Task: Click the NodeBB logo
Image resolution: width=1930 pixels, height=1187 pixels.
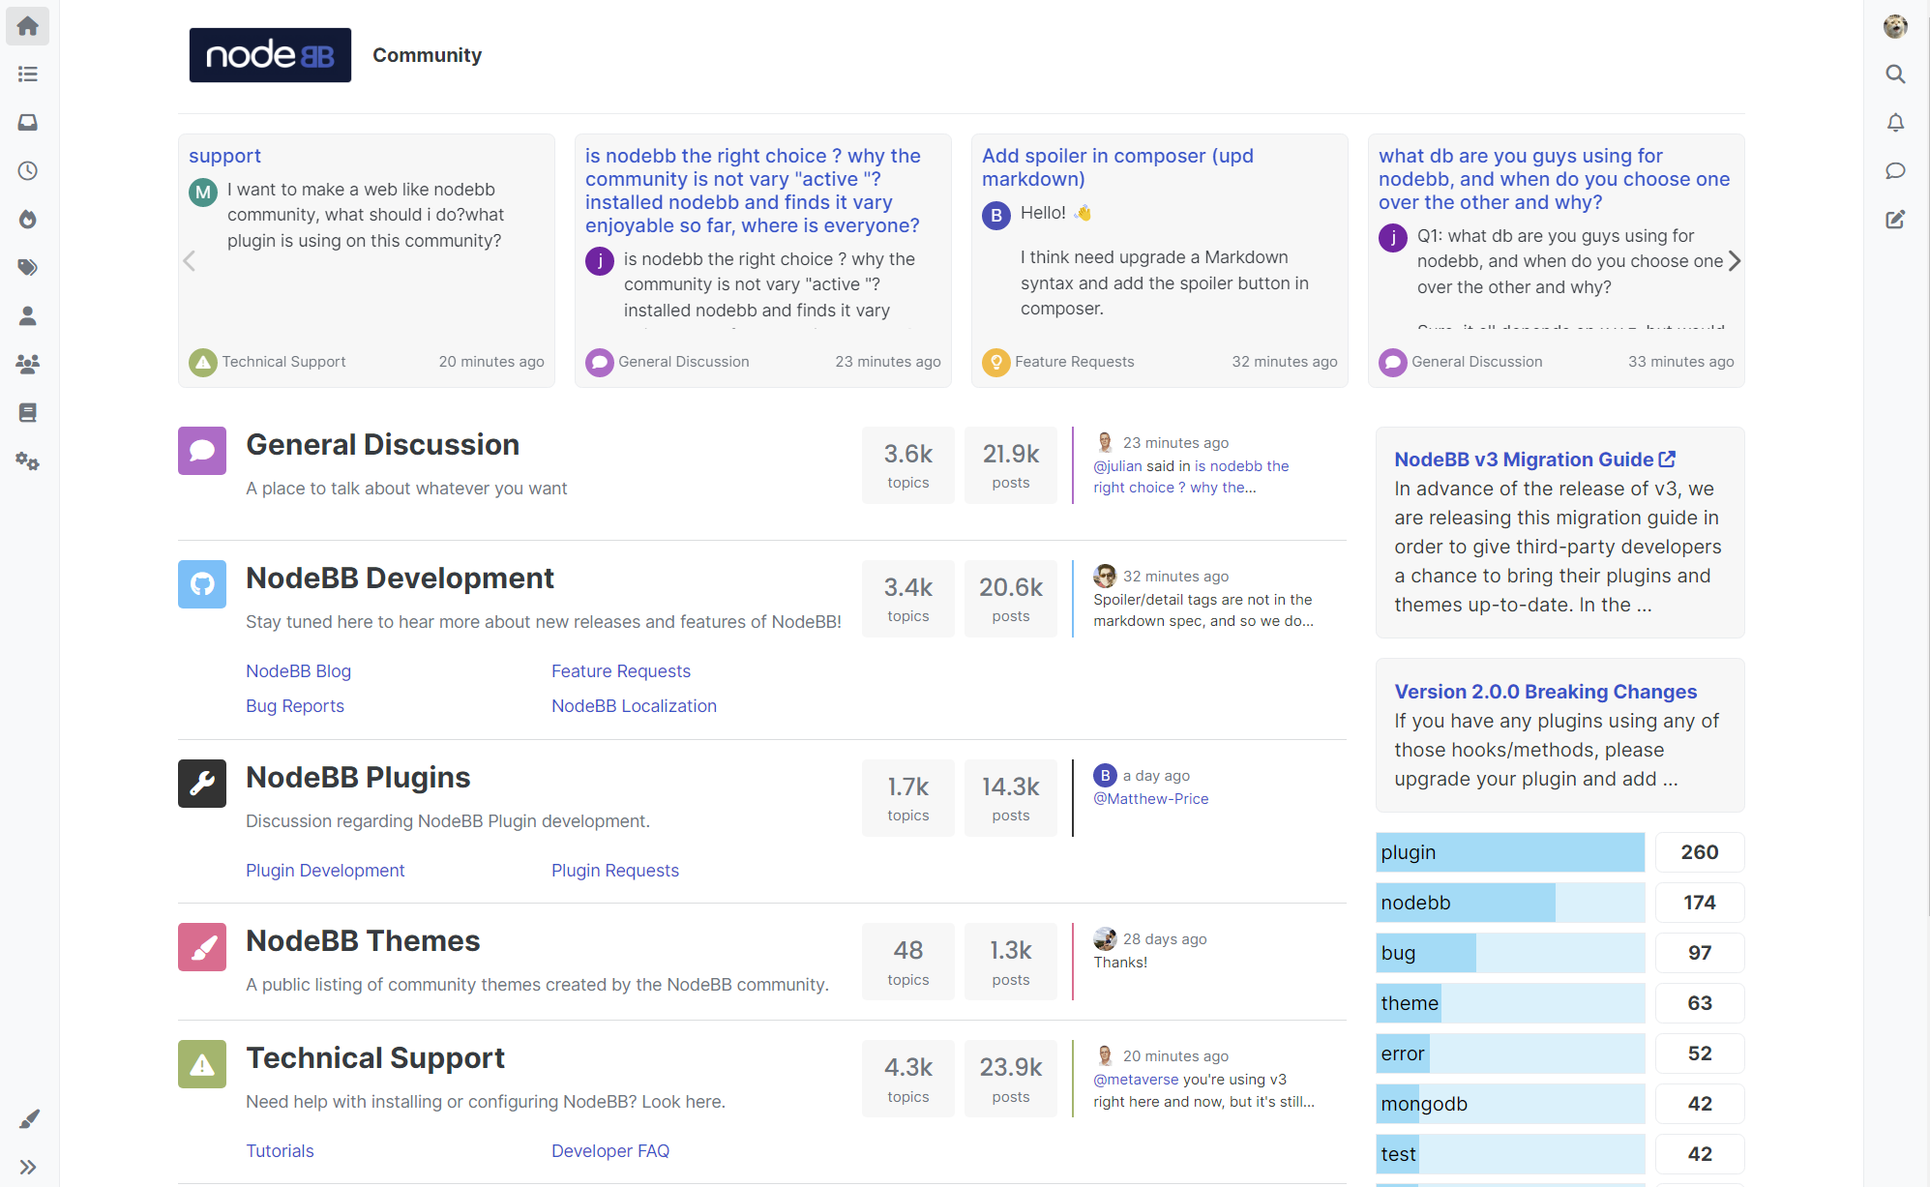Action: (x=270, y=55)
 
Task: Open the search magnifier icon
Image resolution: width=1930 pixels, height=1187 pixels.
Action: (x=1895, y=74)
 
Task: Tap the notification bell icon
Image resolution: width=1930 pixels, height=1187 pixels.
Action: (x=1895, y=123)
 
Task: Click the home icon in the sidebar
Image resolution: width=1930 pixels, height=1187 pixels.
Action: (x=28, y=26)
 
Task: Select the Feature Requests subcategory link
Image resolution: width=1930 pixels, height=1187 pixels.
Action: (x=620, y=671)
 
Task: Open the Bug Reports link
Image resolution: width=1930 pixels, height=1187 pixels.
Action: (x=294, y=706)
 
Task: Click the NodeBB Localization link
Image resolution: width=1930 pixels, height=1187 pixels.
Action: (x=634, y=706)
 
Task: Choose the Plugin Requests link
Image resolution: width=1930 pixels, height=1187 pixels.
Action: (x=614, y=871)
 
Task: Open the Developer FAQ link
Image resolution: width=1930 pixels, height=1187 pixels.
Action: (x=609, y=1151)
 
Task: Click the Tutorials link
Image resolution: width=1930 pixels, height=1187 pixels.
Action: (x=280, y=1151)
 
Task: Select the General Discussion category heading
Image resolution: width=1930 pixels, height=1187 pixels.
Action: (x=382, y=445)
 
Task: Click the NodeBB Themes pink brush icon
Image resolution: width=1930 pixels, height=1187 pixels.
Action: (x=202, y=947)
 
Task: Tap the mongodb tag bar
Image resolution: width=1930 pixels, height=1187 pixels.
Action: (x=1509, y=1104)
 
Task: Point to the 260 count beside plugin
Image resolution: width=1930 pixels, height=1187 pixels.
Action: (x=1699, y=852)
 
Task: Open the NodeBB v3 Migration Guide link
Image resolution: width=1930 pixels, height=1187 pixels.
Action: (x=1533, y=460)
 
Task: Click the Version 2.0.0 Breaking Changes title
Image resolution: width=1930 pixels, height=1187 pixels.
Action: (x=1545, y=692)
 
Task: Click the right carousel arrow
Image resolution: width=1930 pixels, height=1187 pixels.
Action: (x=1735, y=261)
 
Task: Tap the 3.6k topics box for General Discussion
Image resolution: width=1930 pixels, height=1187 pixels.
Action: (x=907, y=465)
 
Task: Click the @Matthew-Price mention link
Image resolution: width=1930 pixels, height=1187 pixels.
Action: (x=1150, y=799)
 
